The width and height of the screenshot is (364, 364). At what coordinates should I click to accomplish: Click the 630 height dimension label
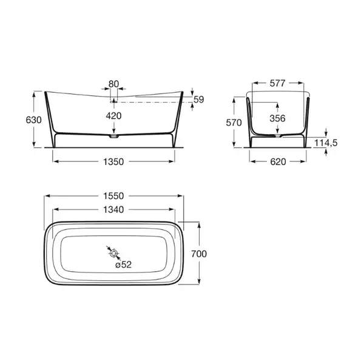[x=33, y=120]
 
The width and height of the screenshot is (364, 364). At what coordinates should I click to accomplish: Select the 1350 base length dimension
[x=113, y=162]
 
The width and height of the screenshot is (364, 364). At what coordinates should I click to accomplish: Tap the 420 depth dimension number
[x=114, y=116]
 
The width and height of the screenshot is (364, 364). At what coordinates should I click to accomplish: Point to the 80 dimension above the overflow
[x=114, y=84]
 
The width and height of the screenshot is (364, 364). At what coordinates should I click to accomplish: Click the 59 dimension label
[x=199, y=99]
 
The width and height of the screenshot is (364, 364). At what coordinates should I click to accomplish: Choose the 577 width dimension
[x=278, y=83]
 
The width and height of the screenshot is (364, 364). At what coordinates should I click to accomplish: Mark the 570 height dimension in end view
[x=234, y=123]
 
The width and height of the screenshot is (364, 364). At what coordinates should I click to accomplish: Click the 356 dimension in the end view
[x=278, y=118]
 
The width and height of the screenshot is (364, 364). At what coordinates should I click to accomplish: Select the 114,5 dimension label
[x=326, y=143]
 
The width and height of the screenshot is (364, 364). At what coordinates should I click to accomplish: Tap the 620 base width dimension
[x=278, y=162]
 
